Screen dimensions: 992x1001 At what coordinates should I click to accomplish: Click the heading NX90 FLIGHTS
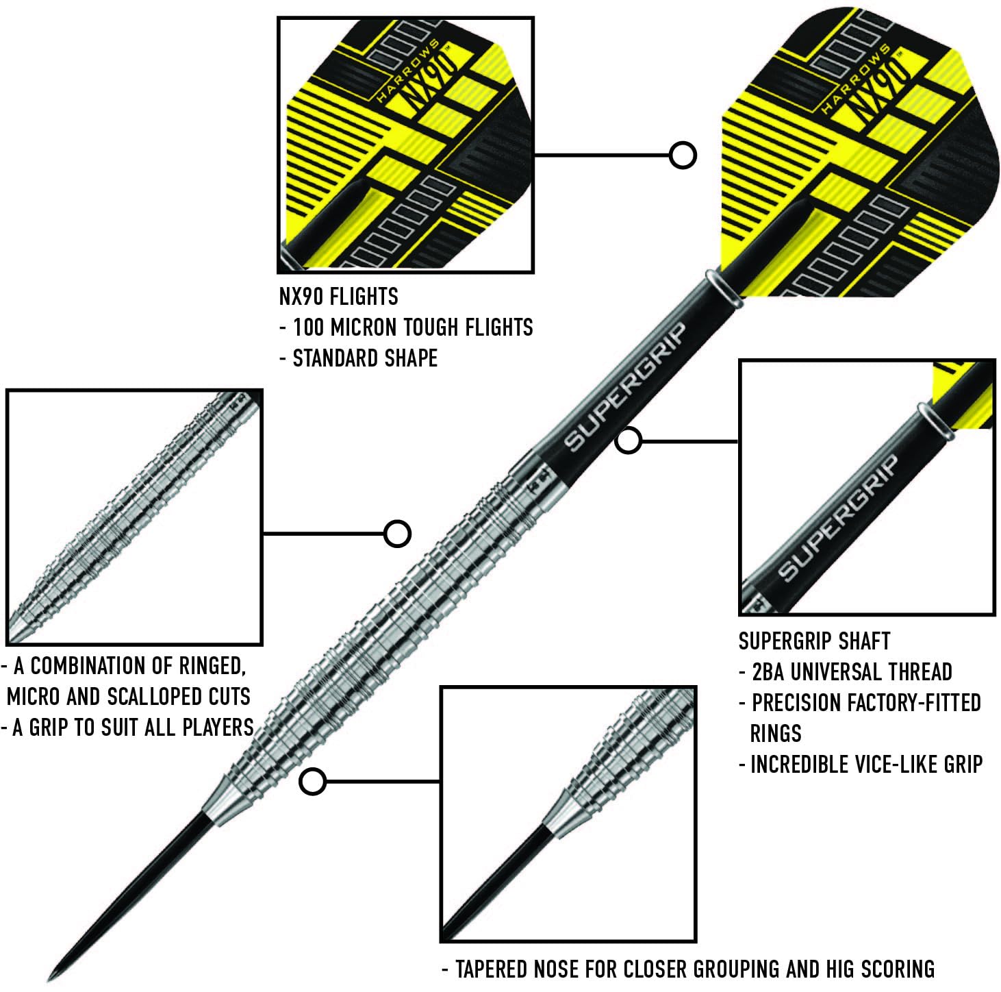tap(338, 297)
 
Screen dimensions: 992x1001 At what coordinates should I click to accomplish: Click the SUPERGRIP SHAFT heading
tap(814, 641)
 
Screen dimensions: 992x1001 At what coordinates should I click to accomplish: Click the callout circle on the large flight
tap(683, 156)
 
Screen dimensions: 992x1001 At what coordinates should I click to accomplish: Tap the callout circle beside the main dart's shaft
tap(628, 441)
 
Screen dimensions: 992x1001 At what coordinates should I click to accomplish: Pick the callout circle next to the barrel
tap(397, 533)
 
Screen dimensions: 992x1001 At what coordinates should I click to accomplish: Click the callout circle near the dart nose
tap(313, 782)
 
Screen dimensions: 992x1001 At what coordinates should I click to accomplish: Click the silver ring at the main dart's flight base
tap(724, 289)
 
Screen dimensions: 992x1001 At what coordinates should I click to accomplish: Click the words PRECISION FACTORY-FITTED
tap(866, 703)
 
